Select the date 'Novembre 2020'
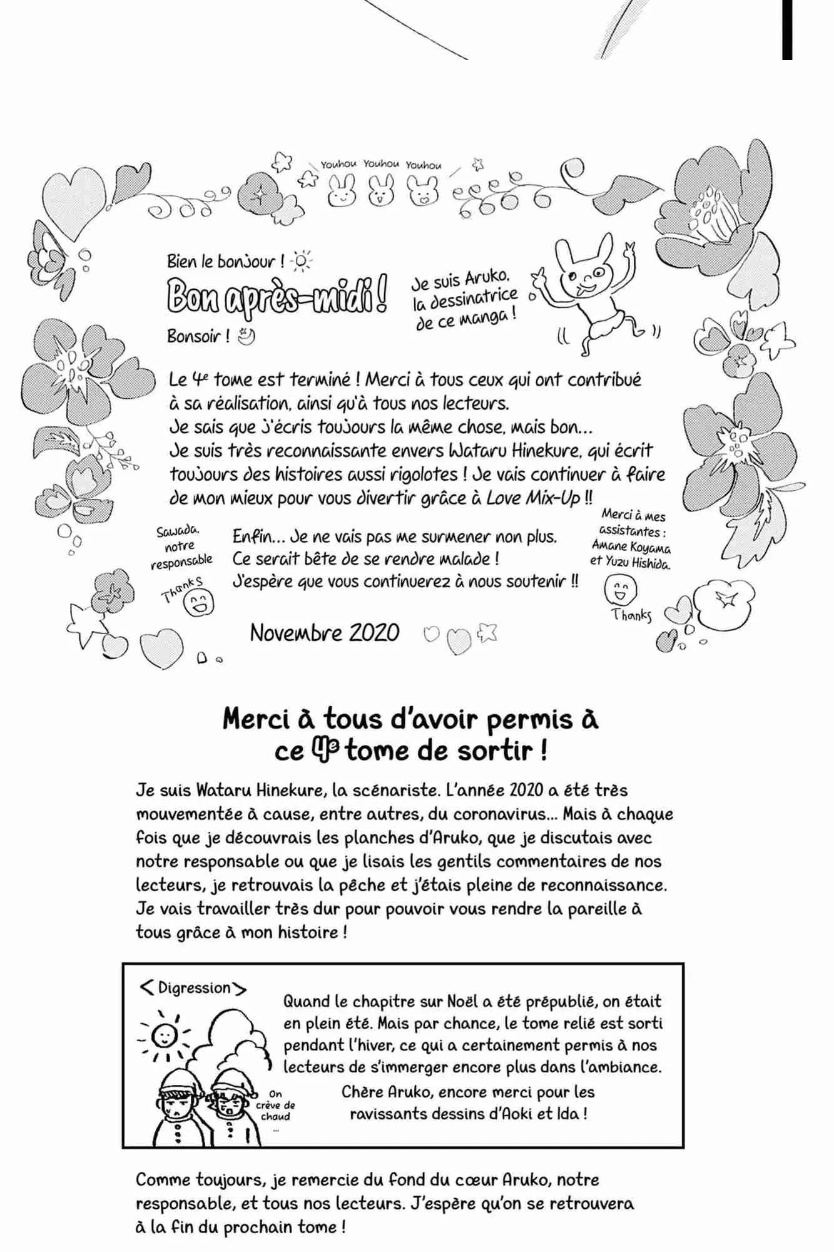point(324,632)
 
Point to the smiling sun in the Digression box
point(163,1036)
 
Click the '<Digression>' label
point(193,988)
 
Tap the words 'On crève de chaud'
point(275,1106)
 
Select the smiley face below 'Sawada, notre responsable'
point(198,603)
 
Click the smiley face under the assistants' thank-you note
point(620,589)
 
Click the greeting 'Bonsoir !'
point(198,336)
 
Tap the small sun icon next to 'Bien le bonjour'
point(302,260)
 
